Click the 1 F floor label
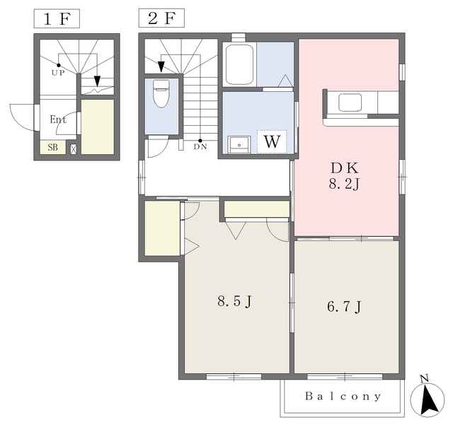57,19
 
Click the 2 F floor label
161,18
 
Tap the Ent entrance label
58,119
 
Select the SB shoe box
53,147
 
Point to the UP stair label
58,73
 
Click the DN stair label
200,147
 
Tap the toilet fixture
161,94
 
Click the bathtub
239,64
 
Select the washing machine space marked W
272,141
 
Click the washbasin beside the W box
239,144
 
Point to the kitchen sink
350,103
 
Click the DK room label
345,168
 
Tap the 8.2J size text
344,184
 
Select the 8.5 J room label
234,302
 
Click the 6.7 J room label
344,307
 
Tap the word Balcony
343,396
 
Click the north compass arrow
428,397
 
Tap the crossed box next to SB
74,149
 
